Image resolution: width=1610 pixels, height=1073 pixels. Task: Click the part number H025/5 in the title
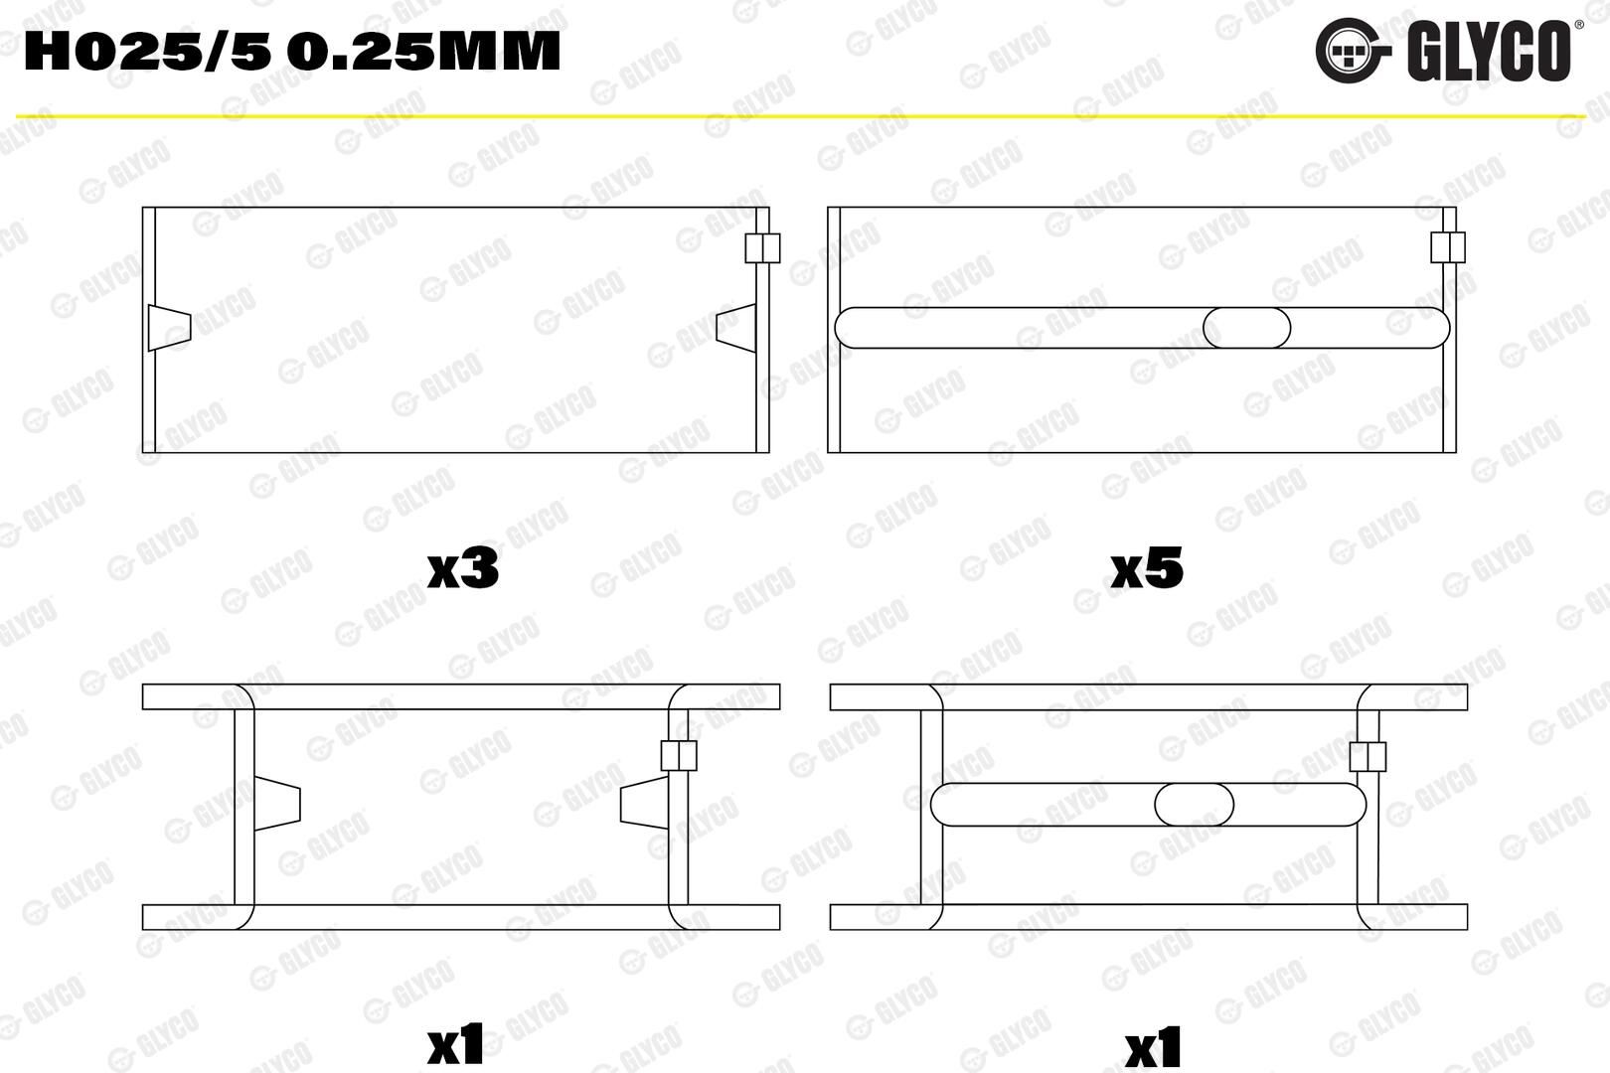(x=147, y=53)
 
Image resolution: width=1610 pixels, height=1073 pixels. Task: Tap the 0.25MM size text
(x=427, y=53)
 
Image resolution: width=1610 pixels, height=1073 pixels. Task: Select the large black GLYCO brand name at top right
(x=1489, y=51)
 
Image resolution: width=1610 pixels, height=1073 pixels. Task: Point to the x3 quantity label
(x=463, y=570)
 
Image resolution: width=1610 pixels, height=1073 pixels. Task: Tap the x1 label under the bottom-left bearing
(x=455, y=1046)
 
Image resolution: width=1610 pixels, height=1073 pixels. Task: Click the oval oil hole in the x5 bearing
(x=1247, y=328)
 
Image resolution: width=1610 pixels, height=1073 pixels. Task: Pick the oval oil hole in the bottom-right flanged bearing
(x=1195, y=804)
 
